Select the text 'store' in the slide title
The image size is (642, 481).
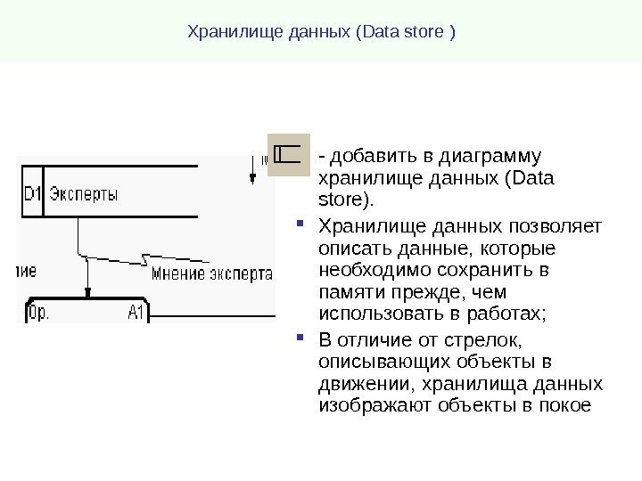point(429,34)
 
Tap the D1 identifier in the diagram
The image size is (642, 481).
point(31,192)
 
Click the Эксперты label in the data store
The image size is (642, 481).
point(82,192)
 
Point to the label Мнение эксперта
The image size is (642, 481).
point(211,273)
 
